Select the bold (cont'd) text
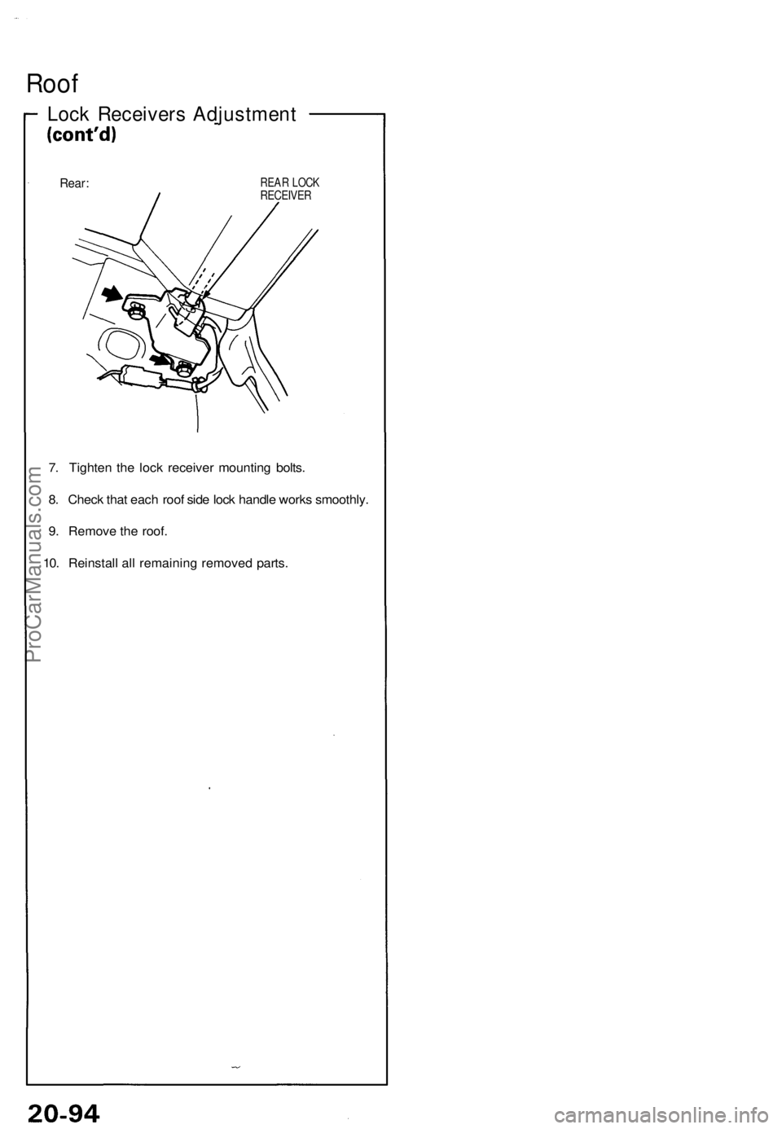80,136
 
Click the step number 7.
53,468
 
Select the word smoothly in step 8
340,499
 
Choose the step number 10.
51,563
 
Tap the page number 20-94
59,1106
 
